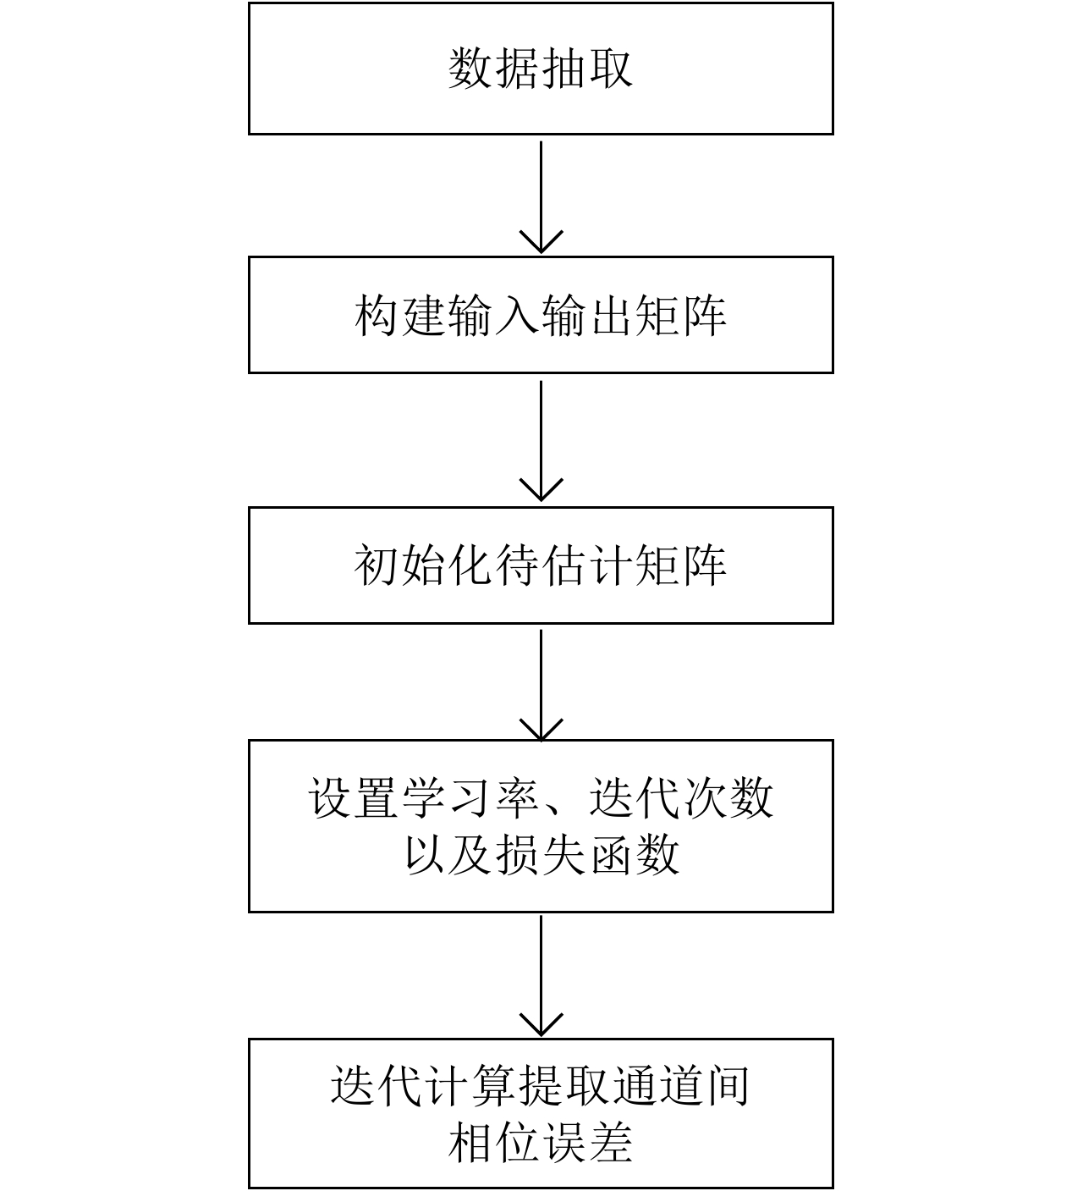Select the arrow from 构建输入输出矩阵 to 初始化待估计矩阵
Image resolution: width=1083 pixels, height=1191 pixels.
[x=541, y=440]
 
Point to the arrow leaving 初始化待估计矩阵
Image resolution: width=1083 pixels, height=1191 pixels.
[x=541, y=684]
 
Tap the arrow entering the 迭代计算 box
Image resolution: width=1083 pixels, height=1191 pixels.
[x=541, y=975]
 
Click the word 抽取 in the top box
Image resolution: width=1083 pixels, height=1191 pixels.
[x=586, y=68]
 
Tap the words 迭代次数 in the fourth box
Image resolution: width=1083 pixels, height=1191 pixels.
[x=681, y=797]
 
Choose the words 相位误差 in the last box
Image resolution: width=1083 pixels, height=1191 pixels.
[x=541, y=1143]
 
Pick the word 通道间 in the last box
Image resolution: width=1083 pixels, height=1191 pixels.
[x=681, y=1085]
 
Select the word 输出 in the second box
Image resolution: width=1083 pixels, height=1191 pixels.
[x=587, y=315]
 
